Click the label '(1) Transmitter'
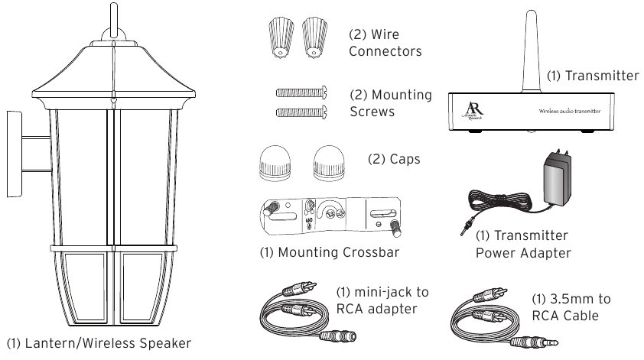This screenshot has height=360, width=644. tap(593, 76)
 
